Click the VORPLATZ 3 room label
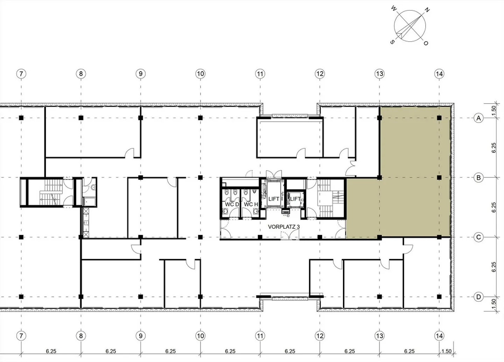(x=284, y=227)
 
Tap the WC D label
(x=232, y=204)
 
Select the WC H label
(x=251, y=204)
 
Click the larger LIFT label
(x=274, y=199)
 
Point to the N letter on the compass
(x=427, y=10)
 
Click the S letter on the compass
(x=392, y=42)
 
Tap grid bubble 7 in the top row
(x=21, y=74)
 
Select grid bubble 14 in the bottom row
(x=439, y=336)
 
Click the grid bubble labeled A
(x=478, y=118)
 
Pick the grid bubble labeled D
(x=478, y=297)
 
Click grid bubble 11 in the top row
(x=260, y=74)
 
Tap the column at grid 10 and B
(x=200, y=178)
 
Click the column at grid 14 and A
(x=439, y=118)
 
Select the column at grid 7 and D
(x=21, y=297)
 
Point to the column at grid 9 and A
(x=141, y=118)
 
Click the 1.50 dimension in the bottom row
(x=446, y=352)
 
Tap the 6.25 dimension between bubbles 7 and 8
(x=51, y=352)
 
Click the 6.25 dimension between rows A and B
(x=493, y=148)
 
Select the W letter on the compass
(x=394, y=8)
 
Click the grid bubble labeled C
(x=478, y=237)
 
